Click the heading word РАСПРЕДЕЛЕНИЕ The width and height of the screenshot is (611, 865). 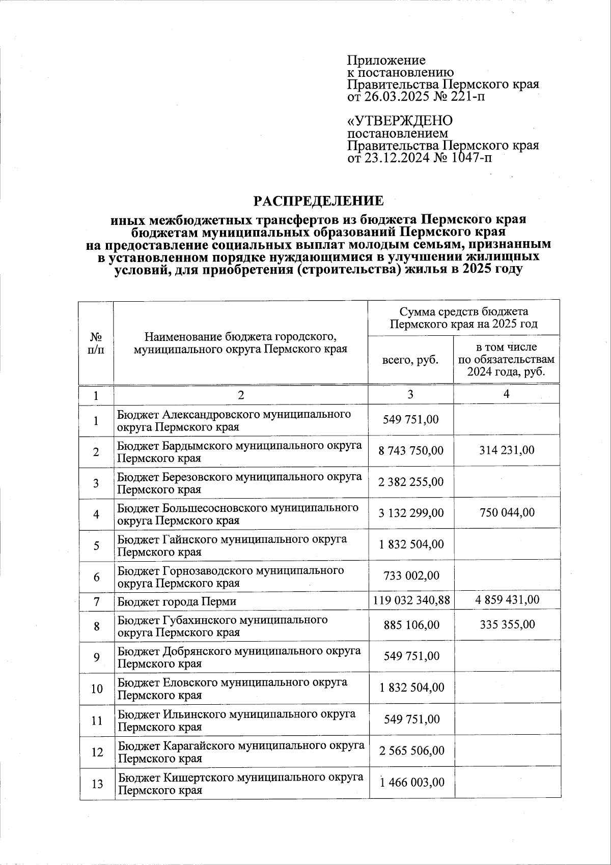319,200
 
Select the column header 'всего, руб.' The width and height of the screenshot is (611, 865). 410,359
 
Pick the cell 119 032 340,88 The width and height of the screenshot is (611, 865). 411,600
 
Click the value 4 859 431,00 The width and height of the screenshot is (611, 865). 507,600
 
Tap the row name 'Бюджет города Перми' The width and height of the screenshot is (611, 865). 177,601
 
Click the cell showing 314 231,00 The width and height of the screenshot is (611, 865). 507,450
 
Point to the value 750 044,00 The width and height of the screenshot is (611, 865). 507,512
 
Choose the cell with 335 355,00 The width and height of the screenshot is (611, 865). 507,624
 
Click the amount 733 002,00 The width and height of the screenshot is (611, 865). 411,575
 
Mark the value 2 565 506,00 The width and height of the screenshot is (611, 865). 411,751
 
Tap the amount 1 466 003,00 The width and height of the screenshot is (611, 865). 411,782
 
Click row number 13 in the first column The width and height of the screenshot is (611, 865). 97,784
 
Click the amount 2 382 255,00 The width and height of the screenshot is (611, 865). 411,482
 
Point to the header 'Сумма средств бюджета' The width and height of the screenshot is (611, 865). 463,311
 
